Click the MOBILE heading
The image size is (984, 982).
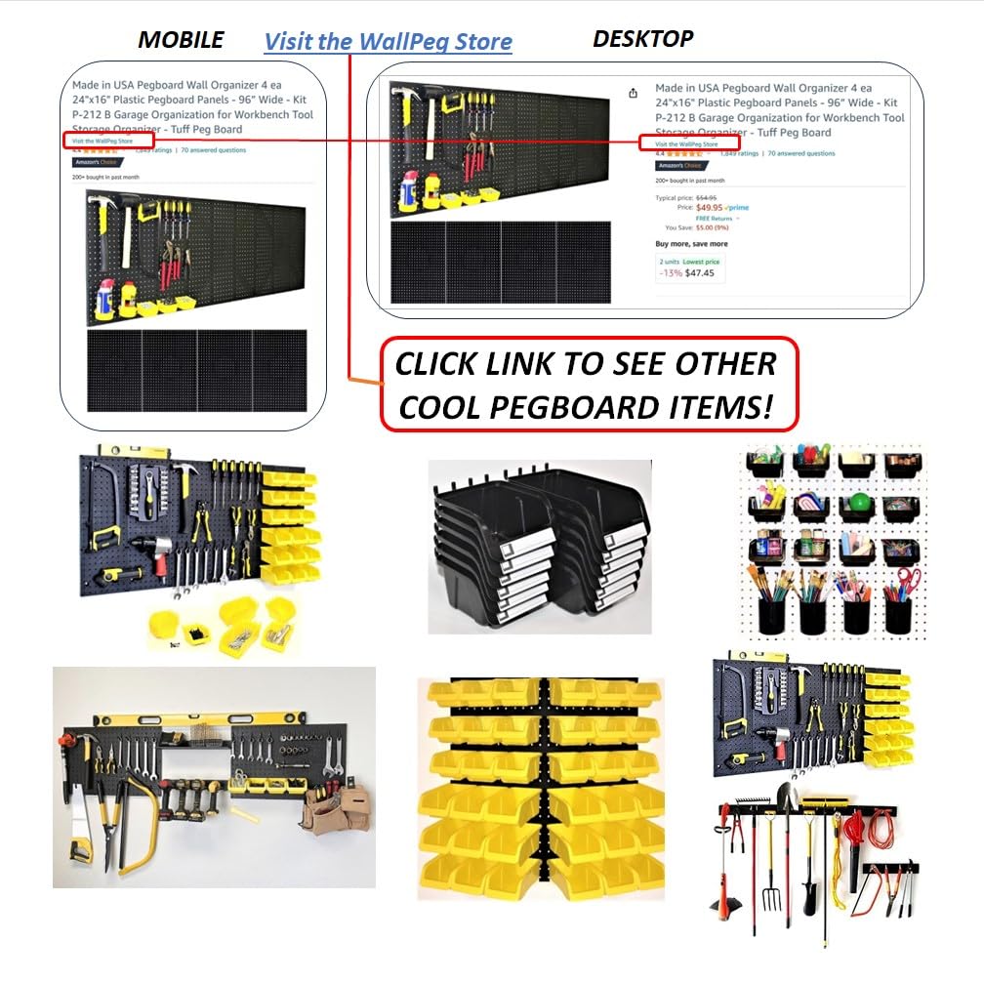(181, 40)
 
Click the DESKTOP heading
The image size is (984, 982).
(643, 39)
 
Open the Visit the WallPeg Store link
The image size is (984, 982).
(388, 42)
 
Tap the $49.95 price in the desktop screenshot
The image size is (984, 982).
(710, 207)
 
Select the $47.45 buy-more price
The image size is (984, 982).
(700, 273)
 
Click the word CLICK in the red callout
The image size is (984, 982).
(446, 364)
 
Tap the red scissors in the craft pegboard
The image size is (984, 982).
(907, 581)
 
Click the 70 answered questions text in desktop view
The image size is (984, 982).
(800, 153)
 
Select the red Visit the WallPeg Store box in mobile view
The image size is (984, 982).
(108, 141)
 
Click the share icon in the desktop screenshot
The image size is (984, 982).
(633, 94)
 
